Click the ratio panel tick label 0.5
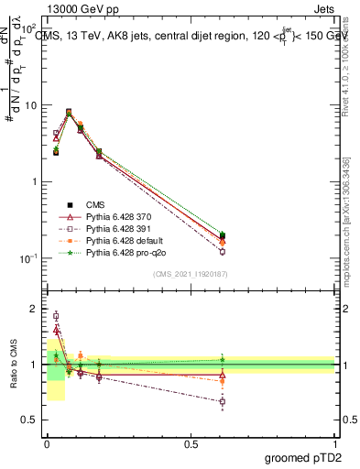point(30,422)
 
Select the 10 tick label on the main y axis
point(31,105)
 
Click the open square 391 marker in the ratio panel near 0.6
point(223,401)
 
